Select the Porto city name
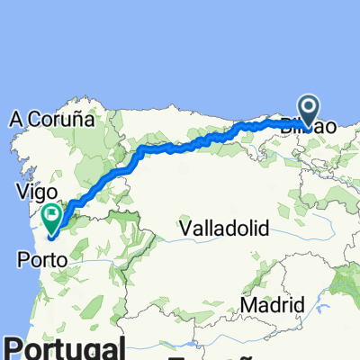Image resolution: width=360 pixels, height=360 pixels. (x=38, y=260)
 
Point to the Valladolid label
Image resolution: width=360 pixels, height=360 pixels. (x=224, y=229)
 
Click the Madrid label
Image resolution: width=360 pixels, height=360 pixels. (x=272, y=306)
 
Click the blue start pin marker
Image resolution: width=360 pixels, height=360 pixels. (x=309, y=112)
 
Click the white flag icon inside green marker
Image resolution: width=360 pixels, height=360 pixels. (x=51, y=215)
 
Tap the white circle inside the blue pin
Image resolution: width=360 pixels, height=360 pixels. (x=309, y=109)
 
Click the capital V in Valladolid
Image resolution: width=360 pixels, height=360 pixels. (x=184, y=229)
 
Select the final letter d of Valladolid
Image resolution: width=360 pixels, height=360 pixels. (x=264, y=229)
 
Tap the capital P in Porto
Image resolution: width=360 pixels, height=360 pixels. (x=21, y=260)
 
